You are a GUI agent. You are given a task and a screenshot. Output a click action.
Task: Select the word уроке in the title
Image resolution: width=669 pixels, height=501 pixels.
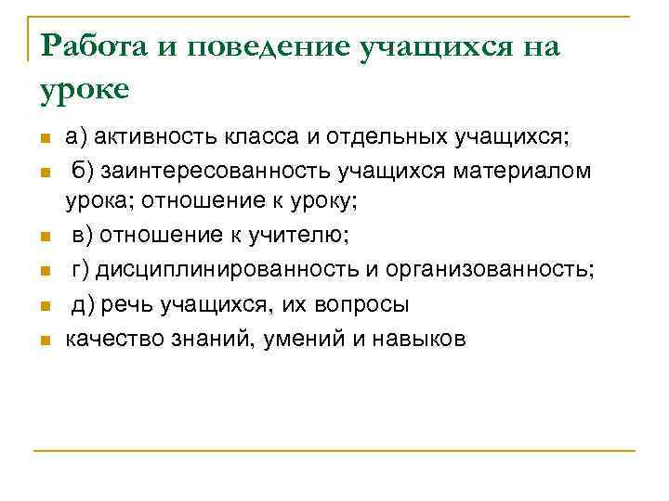(86, 91)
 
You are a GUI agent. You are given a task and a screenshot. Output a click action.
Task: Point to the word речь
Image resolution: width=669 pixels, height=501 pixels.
(125, 304)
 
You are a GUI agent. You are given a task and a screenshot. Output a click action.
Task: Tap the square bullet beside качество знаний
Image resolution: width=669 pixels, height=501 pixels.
(45, 340)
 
